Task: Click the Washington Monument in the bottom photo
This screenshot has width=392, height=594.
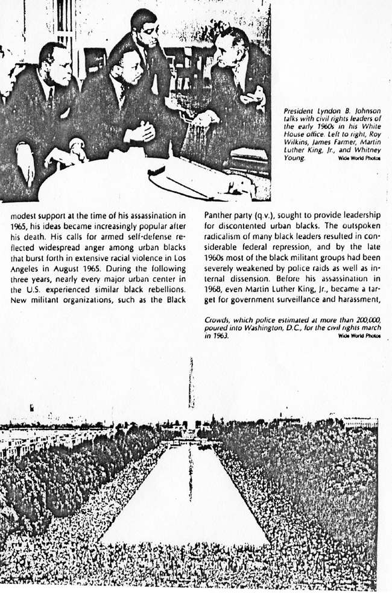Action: pos(191,386)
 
